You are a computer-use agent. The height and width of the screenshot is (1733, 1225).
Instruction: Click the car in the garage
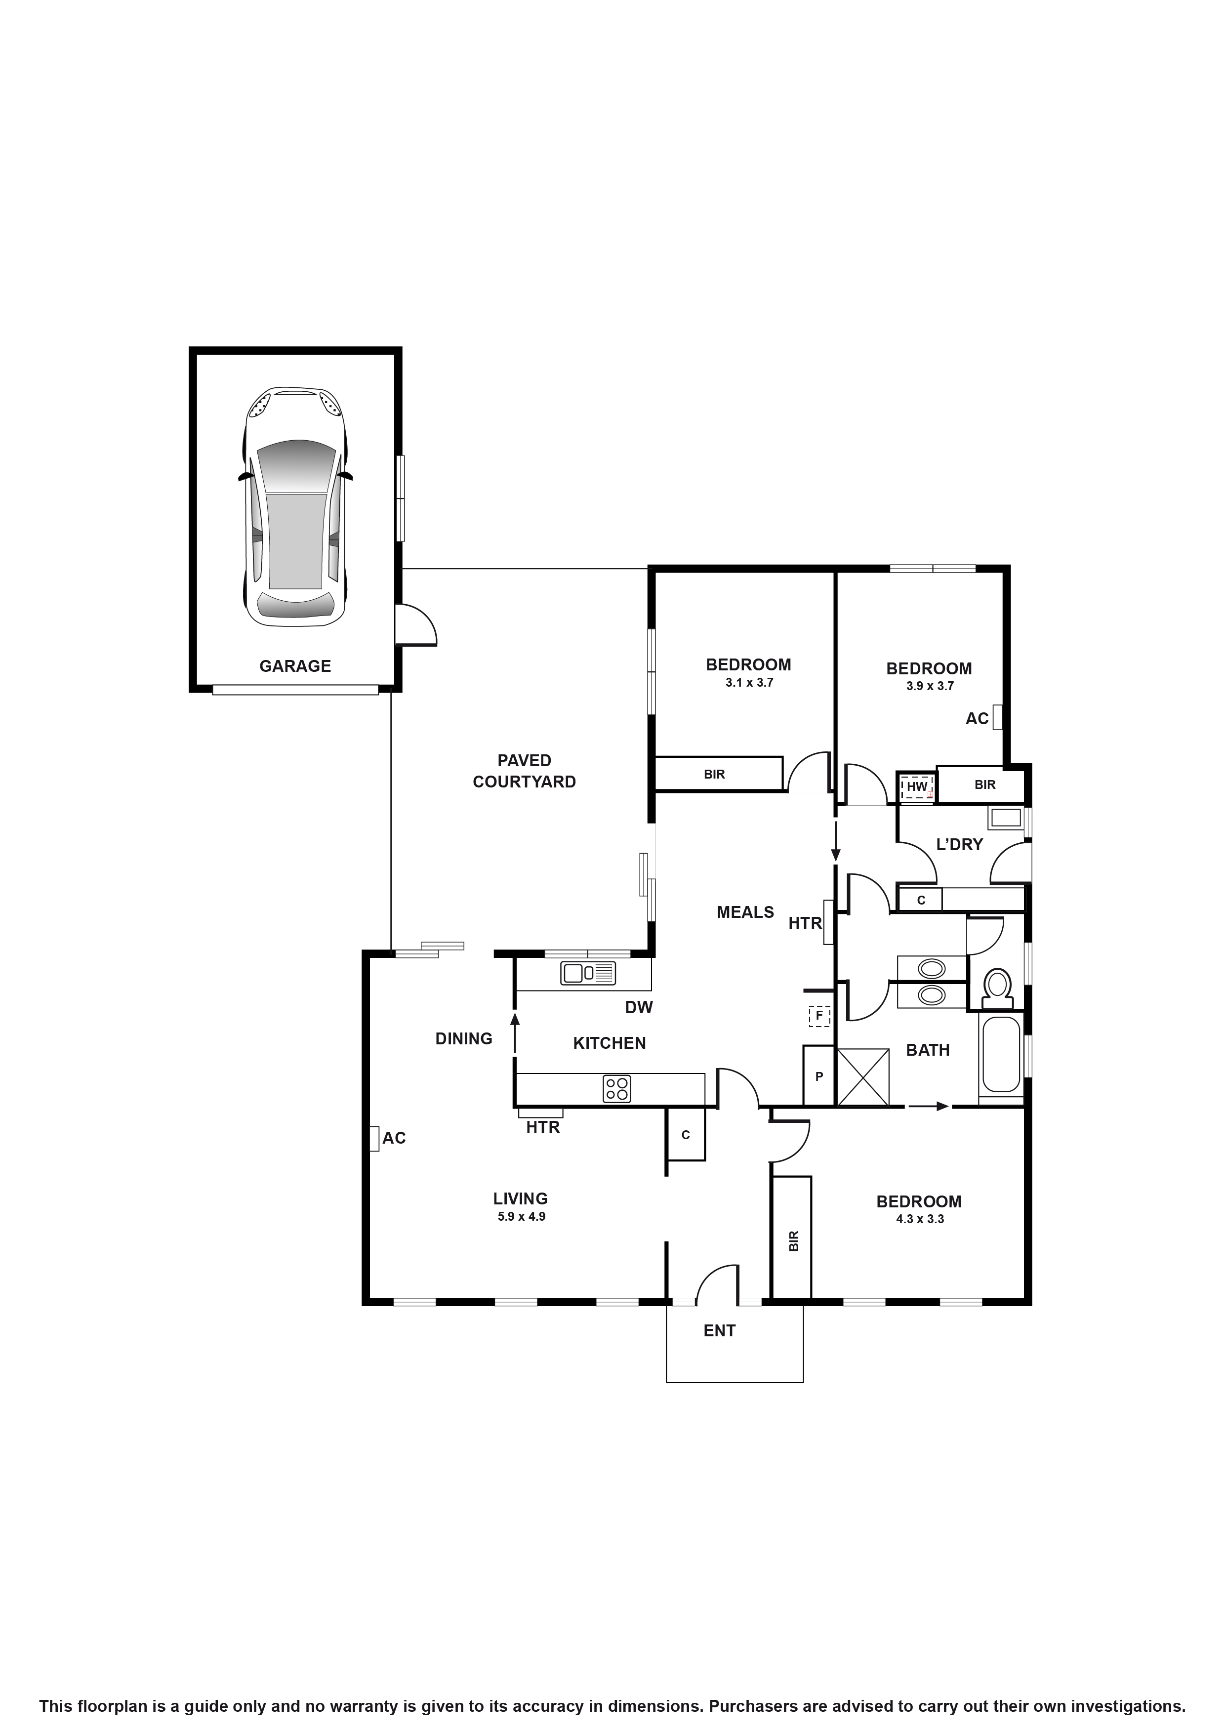tap(295, 506)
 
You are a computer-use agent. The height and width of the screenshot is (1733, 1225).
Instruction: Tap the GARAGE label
tap(295, 666)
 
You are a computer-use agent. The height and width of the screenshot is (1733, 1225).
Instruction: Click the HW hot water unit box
tap(916, 786)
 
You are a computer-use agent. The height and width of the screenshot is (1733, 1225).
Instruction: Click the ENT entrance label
tap(719, 1331)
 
